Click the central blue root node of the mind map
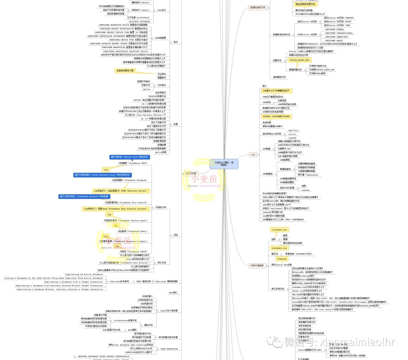224,164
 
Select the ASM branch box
253,155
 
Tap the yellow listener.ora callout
280,229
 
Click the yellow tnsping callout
282,259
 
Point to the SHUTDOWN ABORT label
335,40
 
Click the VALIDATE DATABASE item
139,22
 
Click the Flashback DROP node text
133,163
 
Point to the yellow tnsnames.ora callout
282,248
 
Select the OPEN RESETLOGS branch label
169,349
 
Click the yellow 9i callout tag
116,226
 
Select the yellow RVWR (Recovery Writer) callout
120,191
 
